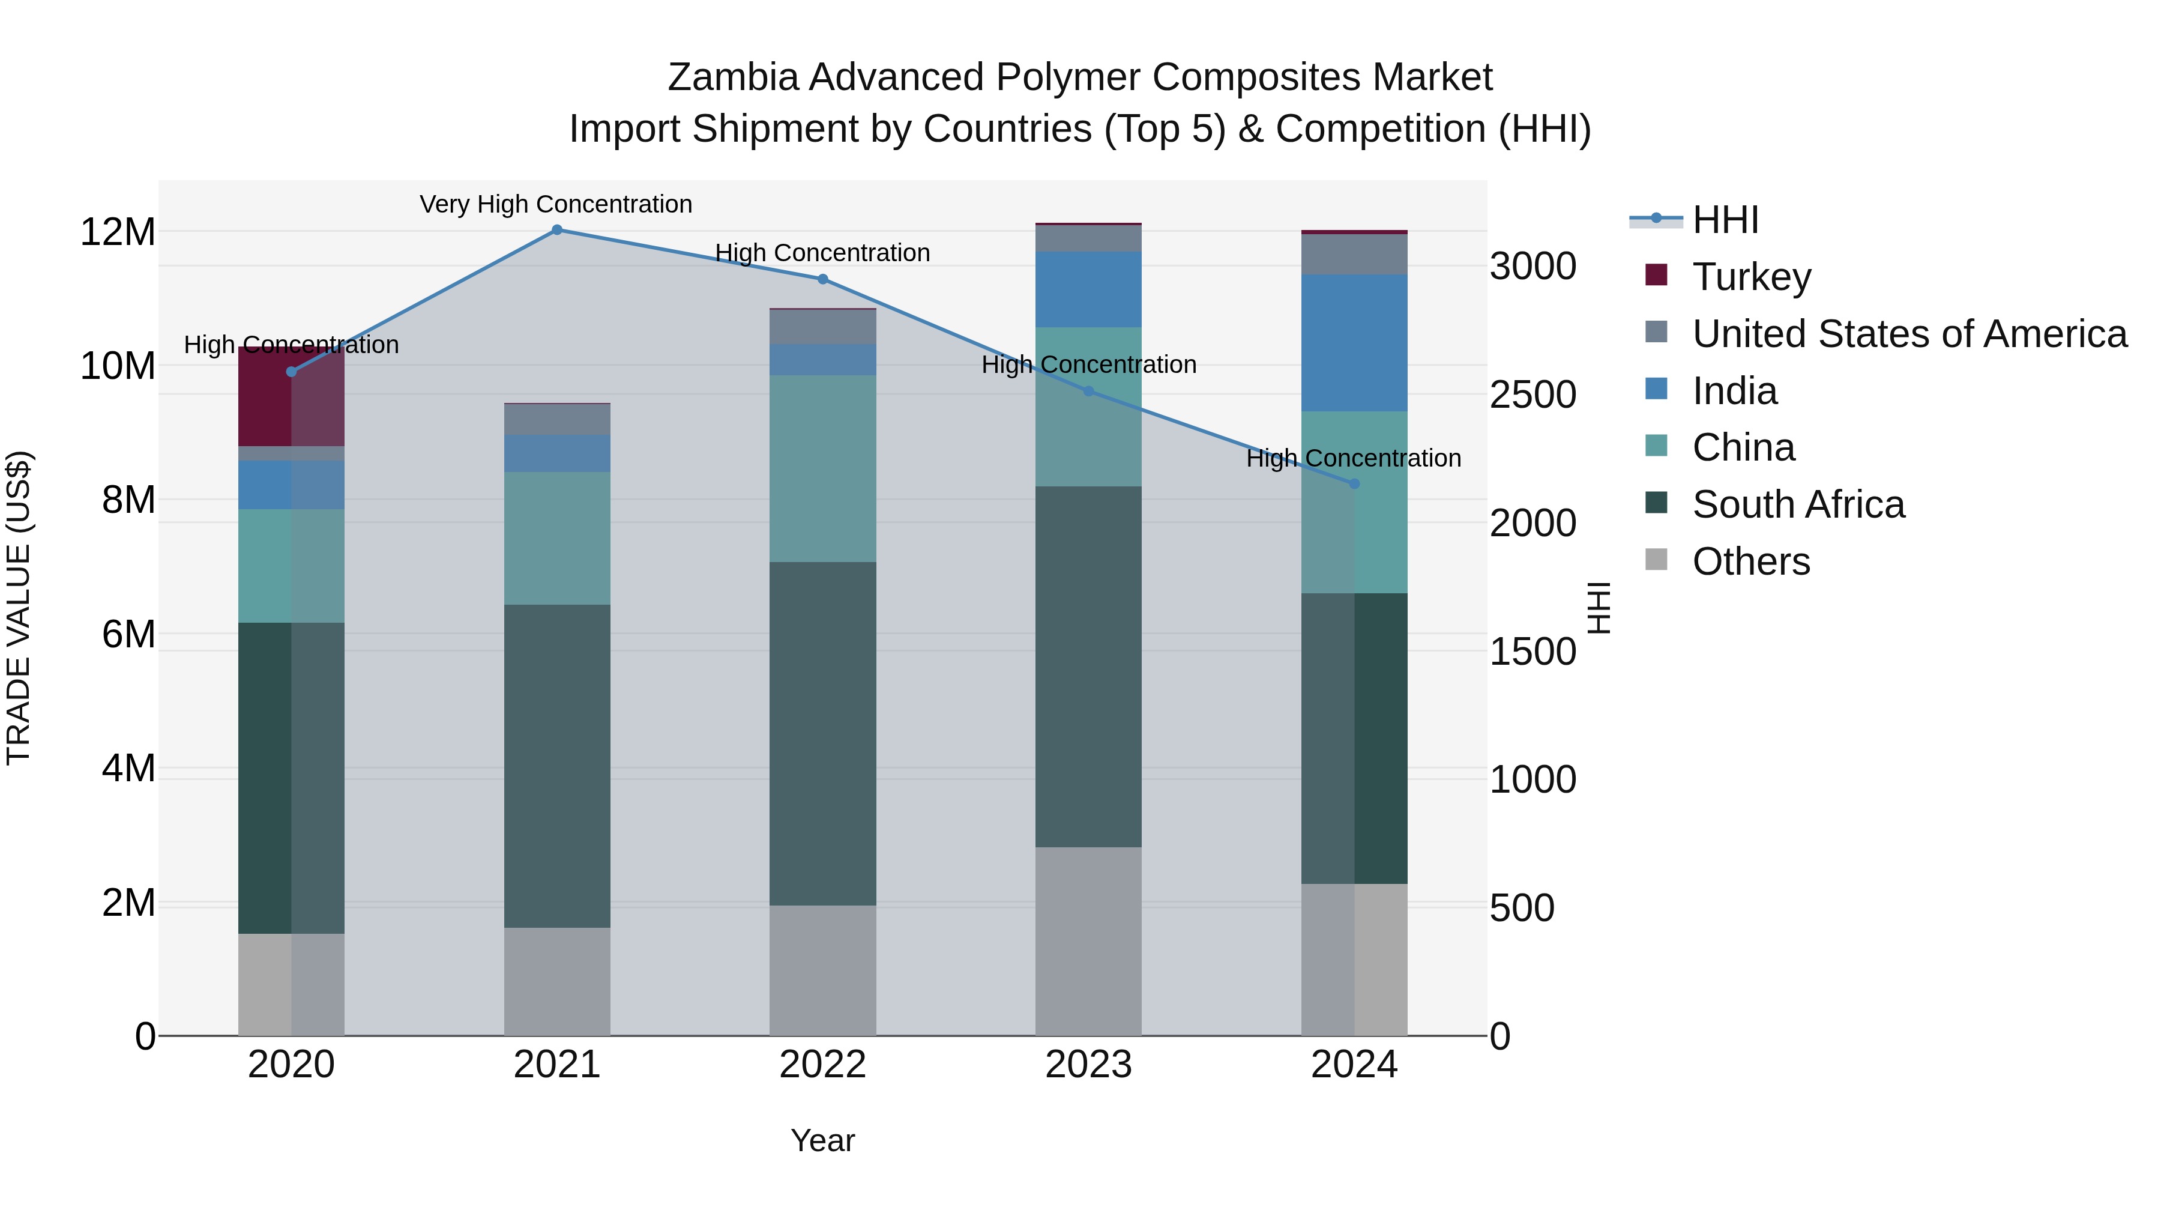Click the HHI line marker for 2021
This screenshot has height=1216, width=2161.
(x=557, y=230)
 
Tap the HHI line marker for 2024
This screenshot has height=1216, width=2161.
(x=1354, y=484)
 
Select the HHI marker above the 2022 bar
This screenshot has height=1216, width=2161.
(x=823, y=279)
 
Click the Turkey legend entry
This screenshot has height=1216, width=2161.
(x=1752, y=276)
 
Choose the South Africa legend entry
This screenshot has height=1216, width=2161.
(x=1798, y=504)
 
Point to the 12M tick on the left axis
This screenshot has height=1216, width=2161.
(x=118, y=232)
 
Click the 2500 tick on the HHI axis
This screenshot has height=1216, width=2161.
(x=1533, y=395)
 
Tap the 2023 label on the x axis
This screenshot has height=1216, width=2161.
(x=1088, y=1065)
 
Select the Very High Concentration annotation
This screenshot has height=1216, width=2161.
(x=556, y=204)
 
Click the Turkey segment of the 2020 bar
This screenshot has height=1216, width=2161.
(x=291, y=396)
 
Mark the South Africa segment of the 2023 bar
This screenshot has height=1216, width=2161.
(x=1088, y=667)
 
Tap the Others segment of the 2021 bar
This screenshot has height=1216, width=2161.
(x=557, y=981)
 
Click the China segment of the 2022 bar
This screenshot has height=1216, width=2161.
(x=823, y=468)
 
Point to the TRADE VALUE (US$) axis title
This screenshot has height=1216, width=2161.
(x=19, y=608)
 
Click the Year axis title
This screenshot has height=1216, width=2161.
(x=822, y=1140)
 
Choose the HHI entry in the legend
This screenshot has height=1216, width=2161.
(x=1725, y=220)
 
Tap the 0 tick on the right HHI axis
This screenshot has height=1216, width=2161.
(x=1500, y=1036)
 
